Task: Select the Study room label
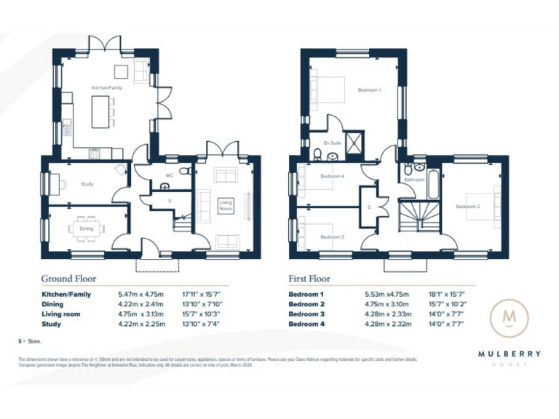pos(87,184)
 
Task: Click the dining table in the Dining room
pos(87,228)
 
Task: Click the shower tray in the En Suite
pos(354,140)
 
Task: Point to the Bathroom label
pos(414,179)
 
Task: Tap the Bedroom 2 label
pos(468,207)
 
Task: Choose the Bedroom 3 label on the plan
pos(332,236)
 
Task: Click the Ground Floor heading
pos(68,279)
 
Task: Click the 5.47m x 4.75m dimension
pos(139,294)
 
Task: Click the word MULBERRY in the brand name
pos(509,354)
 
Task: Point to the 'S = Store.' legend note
pos(30,341)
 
